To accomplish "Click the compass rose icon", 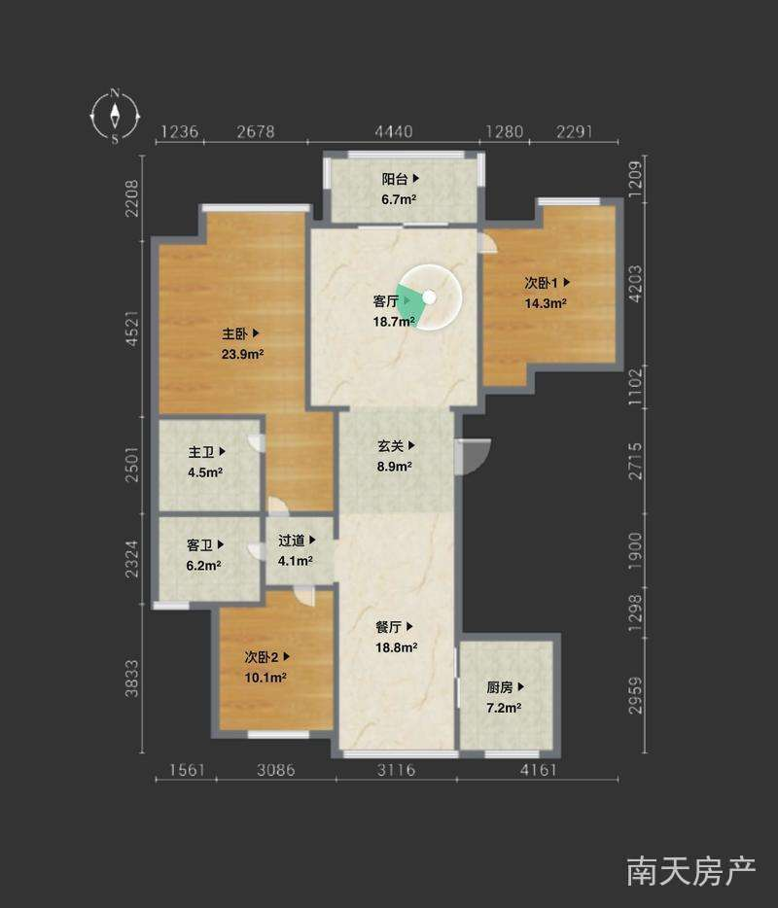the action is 116,116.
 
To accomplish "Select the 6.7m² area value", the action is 399,199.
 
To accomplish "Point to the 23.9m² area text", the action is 243,354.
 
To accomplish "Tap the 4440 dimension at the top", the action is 393,132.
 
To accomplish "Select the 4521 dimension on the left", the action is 132,329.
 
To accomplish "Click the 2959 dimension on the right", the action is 635,695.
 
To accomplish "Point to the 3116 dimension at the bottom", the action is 396,770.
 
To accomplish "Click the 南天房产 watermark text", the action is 691,871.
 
